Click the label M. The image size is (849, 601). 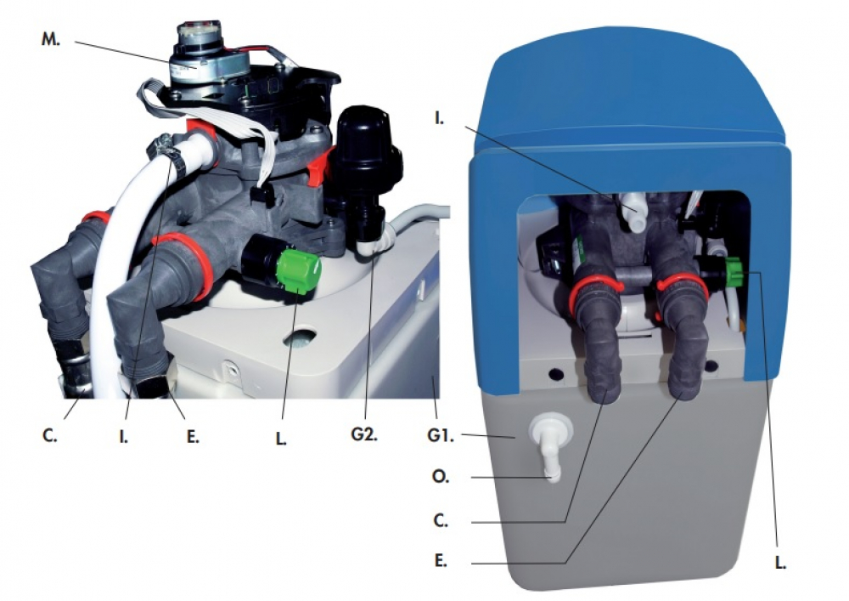tap(51, 40)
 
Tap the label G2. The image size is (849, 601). tap(363, 434)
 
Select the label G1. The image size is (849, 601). tap(440, 435)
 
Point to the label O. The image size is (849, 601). tap(441, 477)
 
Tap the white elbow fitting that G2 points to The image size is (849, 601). tap(374, 243)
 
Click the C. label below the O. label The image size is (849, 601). tap(441, 520)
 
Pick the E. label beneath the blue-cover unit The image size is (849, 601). tap(441, 561)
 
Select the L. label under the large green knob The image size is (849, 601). tap(280, 439)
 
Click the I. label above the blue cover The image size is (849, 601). tap(439, 117)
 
